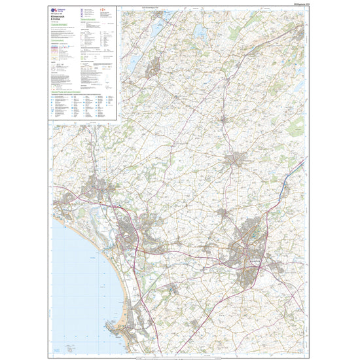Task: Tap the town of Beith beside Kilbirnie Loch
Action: tap(156, 65)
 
